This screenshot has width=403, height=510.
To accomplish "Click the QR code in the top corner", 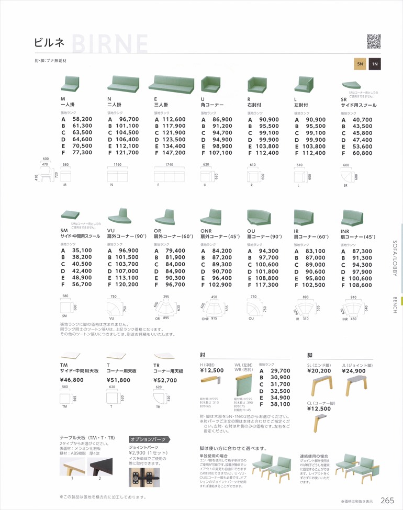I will coord(374,41).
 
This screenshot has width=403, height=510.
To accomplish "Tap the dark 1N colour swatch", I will coord(374,64).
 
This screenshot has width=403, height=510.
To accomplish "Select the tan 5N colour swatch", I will coord(360,64).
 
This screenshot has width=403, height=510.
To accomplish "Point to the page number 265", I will coord(387,500).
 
